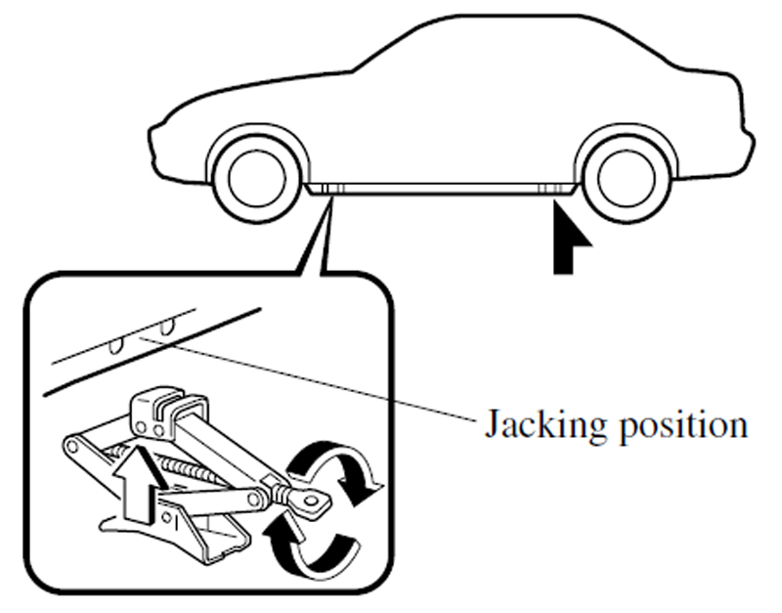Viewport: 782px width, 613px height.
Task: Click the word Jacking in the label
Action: coord(532,426)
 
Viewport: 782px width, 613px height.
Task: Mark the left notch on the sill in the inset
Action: coord(118,341)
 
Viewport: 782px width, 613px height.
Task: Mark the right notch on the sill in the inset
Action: coord(169,322)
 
